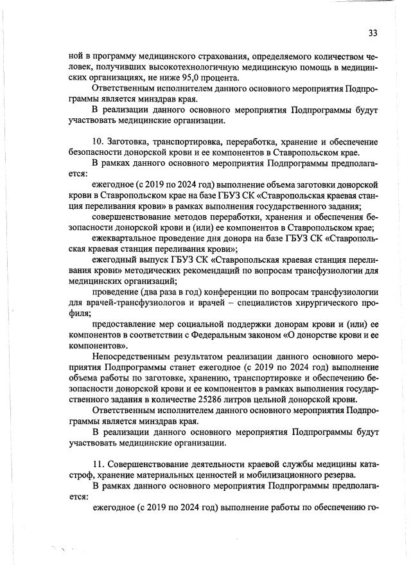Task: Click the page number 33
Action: pyautogui.click(x=372, y=33)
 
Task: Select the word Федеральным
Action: pyautogui.click(x=220, y=335)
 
